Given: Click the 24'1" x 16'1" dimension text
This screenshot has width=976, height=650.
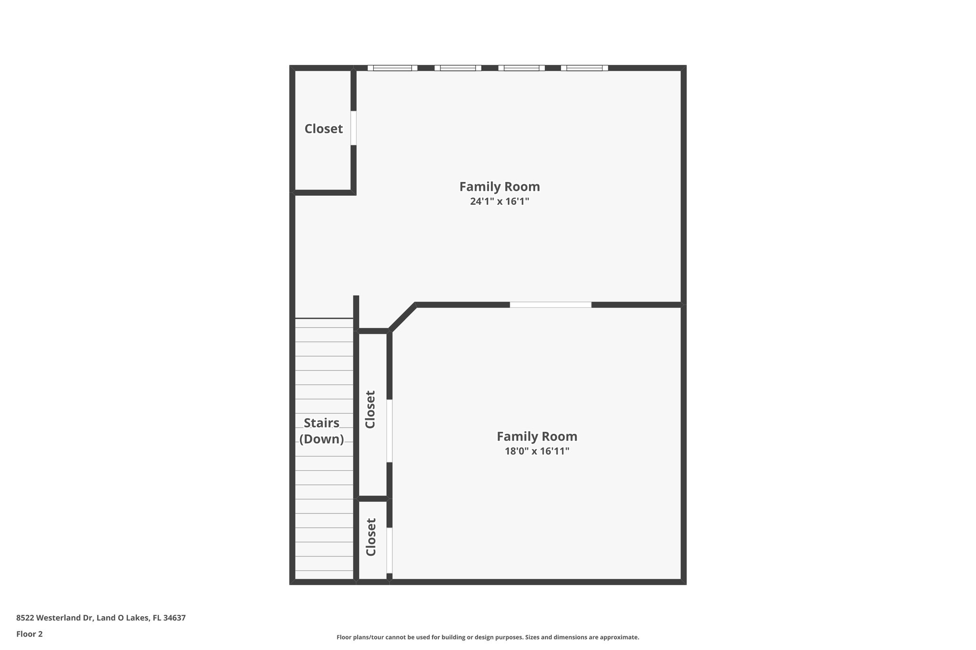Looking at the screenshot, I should point(499,201).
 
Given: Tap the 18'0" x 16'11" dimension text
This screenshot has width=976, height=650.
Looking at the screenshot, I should point(537,451).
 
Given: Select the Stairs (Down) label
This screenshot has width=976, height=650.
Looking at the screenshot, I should point(322,430).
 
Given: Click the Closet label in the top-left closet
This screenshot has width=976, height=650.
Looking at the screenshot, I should point(324,129).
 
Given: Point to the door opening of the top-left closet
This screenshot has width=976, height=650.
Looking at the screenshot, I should point(354,128).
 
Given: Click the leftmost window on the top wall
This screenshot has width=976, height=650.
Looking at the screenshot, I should point(392,68).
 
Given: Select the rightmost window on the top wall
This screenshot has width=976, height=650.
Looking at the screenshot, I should point(584,68).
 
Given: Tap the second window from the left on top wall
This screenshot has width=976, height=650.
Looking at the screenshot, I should point(457,68).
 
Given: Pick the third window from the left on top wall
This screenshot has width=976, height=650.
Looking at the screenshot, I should point(521,68).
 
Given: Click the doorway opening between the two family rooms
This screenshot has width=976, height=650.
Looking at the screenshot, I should point(550,305).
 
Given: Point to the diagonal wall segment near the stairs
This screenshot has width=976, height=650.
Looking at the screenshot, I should point(403,317).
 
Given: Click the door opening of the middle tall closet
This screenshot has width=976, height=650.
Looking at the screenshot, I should point(389,430).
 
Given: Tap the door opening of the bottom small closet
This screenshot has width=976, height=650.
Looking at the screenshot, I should point(389,550).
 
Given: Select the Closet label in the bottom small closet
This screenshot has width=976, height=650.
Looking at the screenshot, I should point(371,537).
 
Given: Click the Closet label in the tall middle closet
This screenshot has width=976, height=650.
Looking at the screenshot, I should point(370,410).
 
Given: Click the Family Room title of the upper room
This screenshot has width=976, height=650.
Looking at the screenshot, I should point(499,186).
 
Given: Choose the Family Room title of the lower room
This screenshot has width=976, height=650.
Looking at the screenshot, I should point(537,436).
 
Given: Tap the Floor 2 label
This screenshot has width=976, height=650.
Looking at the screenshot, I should point(30,634).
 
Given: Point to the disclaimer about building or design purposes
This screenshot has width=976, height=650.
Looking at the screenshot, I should point(488,637).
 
